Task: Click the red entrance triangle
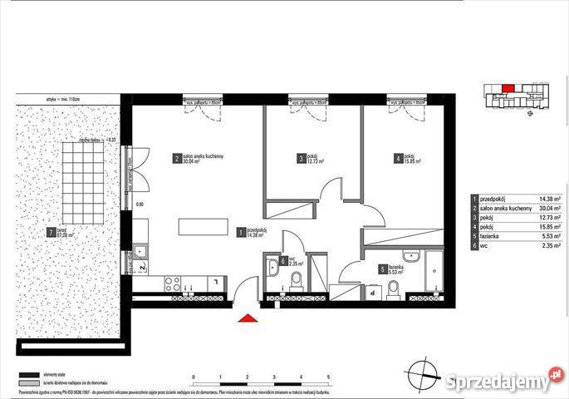(247, 318)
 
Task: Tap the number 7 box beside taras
(52, 233)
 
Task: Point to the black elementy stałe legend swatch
(31, 374)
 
